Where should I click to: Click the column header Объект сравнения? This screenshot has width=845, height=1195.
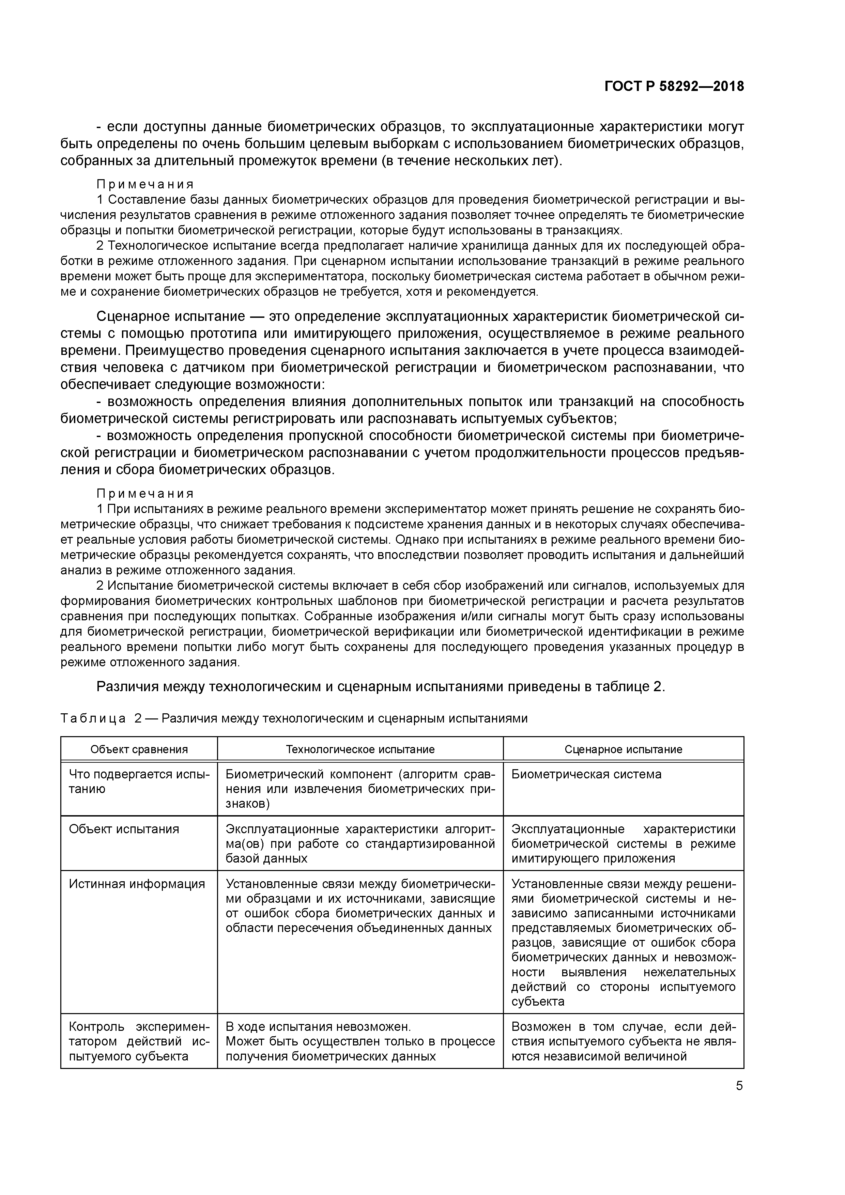tap(139, 749)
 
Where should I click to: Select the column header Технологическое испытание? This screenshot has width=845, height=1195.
tap(360, 749)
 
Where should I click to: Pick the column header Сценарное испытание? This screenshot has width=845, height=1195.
tap(623, 749)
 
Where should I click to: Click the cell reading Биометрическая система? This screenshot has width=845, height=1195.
tap(586, 774)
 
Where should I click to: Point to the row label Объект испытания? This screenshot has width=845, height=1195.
tap(124, 828)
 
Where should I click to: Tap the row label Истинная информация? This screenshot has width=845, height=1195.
tap(137, 883)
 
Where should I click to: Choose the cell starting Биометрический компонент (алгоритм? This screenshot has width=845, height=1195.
tap(360, 789)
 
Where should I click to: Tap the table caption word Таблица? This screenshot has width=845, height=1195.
tap(93, 718)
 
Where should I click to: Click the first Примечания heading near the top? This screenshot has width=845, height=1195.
tap(145, 184)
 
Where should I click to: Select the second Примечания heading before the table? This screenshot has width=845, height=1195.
tap(145, 493)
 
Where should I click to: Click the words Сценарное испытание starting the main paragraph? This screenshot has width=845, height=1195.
tap(171, 316)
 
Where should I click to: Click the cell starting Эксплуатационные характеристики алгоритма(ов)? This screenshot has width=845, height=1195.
tap(360, 843)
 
